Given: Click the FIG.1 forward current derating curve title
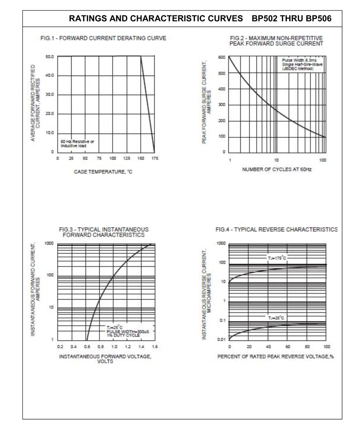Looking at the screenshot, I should click(x=103, y=38).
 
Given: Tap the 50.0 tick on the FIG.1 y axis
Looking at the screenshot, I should click(x=50, y=56).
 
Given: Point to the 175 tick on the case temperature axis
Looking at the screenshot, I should click(x=155, y=158).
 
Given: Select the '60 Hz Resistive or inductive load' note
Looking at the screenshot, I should click(x=77, y=143).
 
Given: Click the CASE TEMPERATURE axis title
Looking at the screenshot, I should click(x=103, y=172).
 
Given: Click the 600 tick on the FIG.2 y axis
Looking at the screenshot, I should click(x=221, y=57).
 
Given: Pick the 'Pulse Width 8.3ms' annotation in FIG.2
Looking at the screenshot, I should click(x=299, y=60).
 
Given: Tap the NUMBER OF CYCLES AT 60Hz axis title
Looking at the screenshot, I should click(x=276, y=169).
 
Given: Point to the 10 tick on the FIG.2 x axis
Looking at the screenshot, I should click(x=276, y=160).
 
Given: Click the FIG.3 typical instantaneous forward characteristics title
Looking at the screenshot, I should click(x=104, y=232).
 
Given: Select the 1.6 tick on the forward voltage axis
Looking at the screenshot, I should click(x=155, y=347).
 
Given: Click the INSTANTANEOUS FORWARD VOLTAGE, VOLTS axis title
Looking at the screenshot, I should click(x=105, y=359).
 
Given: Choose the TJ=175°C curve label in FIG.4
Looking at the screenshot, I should click(x=277, y=258).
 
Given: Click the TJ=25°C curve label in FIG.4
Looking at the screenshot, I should click(x=276, y=318).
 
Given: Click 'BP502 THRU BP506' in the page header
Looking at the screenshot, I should click(x=291, y=18).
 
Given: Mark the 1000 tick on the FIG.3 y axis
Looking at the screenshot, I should click(x=49, y=244).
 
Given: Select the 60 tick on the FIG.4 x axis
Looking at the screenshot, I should click(x=288, y=347).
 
